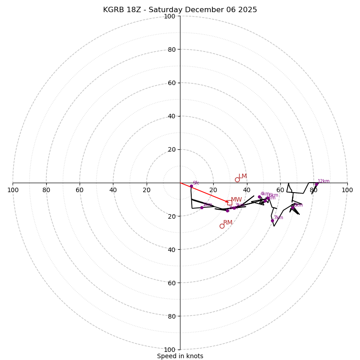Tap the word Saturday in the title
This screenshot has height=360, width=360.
click(165, 10)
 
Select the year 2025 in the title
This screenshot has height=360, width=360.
click(246, 10)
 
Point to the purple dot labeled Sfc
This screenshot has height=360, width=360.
click(191, 186)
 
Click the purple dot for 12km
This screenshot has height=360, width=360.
click(316, 184)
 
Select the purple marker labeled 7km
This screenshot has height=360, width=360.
click(272, 220)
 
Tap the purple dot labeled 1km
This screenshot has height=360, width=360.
click(202, 207)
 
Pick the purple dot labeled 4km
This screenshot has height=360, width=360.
click(259, 197)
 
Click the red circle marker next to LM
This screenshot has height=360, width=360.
click(237, 180)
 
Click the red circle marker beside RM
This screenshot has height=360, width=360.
click(222, 226)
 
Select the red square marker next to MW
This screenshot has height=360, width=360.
click(229, 202)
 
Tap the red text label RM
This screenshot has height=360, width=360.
click(228, 223)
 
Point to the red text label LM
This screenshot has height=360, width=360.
click(243, 176)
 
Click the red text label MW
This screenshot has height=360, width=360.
click(236, 200)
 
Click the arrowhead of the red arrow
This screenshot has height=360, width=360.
click(227, 202)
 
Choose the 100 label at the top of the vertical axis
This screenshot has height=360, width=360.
click(169, 16)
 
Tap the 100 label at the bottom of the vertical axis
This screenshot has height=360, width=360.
click(169, 350)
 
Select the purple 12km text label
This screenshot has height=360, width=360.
click(324, 181)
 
